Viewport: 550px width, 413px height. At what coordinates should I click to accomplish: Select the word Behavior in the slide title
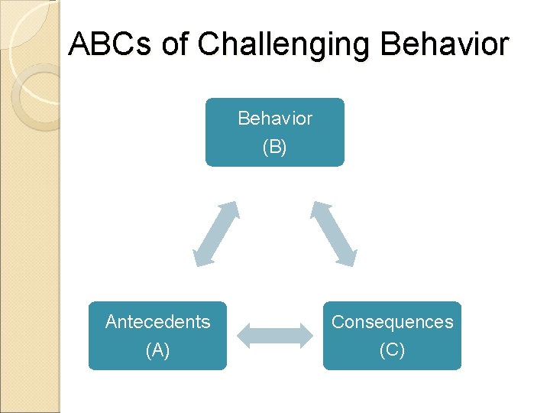pos(444,44)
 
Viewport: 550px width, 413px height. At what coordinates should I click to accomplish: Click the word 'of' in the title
pos(175,44)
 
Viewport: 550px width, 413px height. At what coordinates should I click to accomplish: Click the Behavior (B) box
pos(275,132)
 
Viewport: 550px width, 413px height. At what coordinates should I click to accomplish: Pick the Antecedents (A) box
pos(157,336)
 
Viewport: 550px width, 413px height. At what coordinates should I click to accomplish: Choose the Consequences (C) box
pos(392,336)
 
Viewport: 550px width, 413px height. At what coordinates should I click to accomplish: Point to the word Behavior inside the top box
pos(275,119)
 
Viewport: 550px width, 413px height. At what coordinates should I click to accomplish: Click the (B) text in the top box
pos(275,147)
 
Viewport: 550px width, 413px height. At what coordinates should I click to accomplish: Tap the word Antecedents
pos(157,322)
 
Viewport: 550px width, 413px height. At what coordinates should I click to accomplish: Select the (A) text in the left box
pos(157,350)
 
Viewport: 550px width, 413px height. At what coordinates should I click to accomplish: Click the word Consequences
pos(392,322)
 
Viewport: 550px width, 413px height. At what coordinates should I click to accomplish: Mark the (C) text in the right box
pos(392,350)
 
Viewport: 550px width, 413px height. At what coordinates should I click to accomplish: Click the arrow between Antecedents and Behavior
pos(216,234)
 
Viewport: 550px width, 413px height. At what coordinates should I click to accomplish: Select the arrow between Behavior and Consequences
pos(333,234)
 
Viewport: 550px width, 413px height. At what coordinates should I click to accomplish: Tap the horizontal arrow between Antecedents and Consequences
pos(275,335)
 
